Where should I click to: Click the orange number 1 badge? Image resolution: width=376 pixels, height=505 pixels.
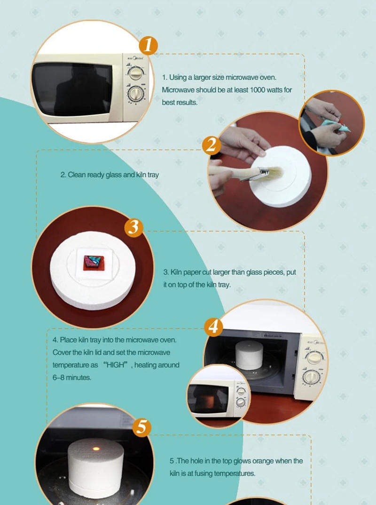[148, 46]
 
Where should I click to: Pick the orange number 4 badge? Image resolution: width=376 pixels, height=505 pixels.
[214, 326]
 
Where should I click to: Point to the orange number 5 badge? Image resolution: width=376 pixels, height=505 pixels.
[142, 427]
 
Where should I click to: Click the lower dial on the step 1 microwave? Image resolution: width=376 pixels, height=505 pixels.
[137, 93]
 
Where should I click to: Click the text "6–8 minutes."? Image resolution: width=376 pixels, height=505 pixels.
[71, 377]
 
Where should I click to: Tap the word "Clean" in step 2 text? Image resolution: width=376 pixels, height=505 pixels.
[76, 175]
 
